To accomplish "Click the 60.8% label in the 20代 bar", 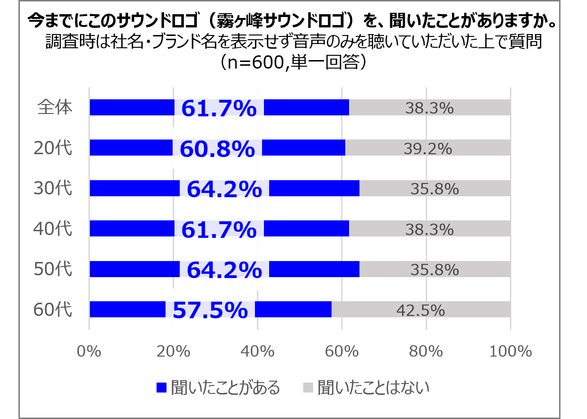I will (218, 149).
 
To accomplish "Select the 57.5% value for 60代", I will (210, 311).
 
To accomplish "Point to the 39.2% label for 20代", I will (428, 149).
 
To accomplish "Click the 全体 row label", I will (55, 107).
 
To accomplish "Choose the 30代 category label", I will (53, 189).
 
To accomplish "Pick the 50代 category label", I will (53, 270).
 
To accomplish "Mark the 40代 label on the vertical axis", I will (53, 229).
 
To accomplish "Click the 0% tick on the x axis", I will (89, 351).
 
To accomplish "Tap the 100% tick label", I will (510, 351).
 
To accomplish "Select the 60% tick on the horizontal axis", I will (342, 351).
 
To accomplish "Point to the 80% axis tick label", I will (426, 351).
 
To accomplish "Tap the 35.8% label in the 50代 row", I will (435, 270).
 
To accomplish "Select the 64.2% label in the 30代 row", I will (224, 190).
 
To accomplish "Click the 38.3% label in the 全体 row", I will (429, 108).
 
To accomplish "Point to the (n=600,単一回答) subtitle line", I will (293, 62).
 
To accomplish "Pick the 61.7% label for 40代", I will (219, 230).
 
